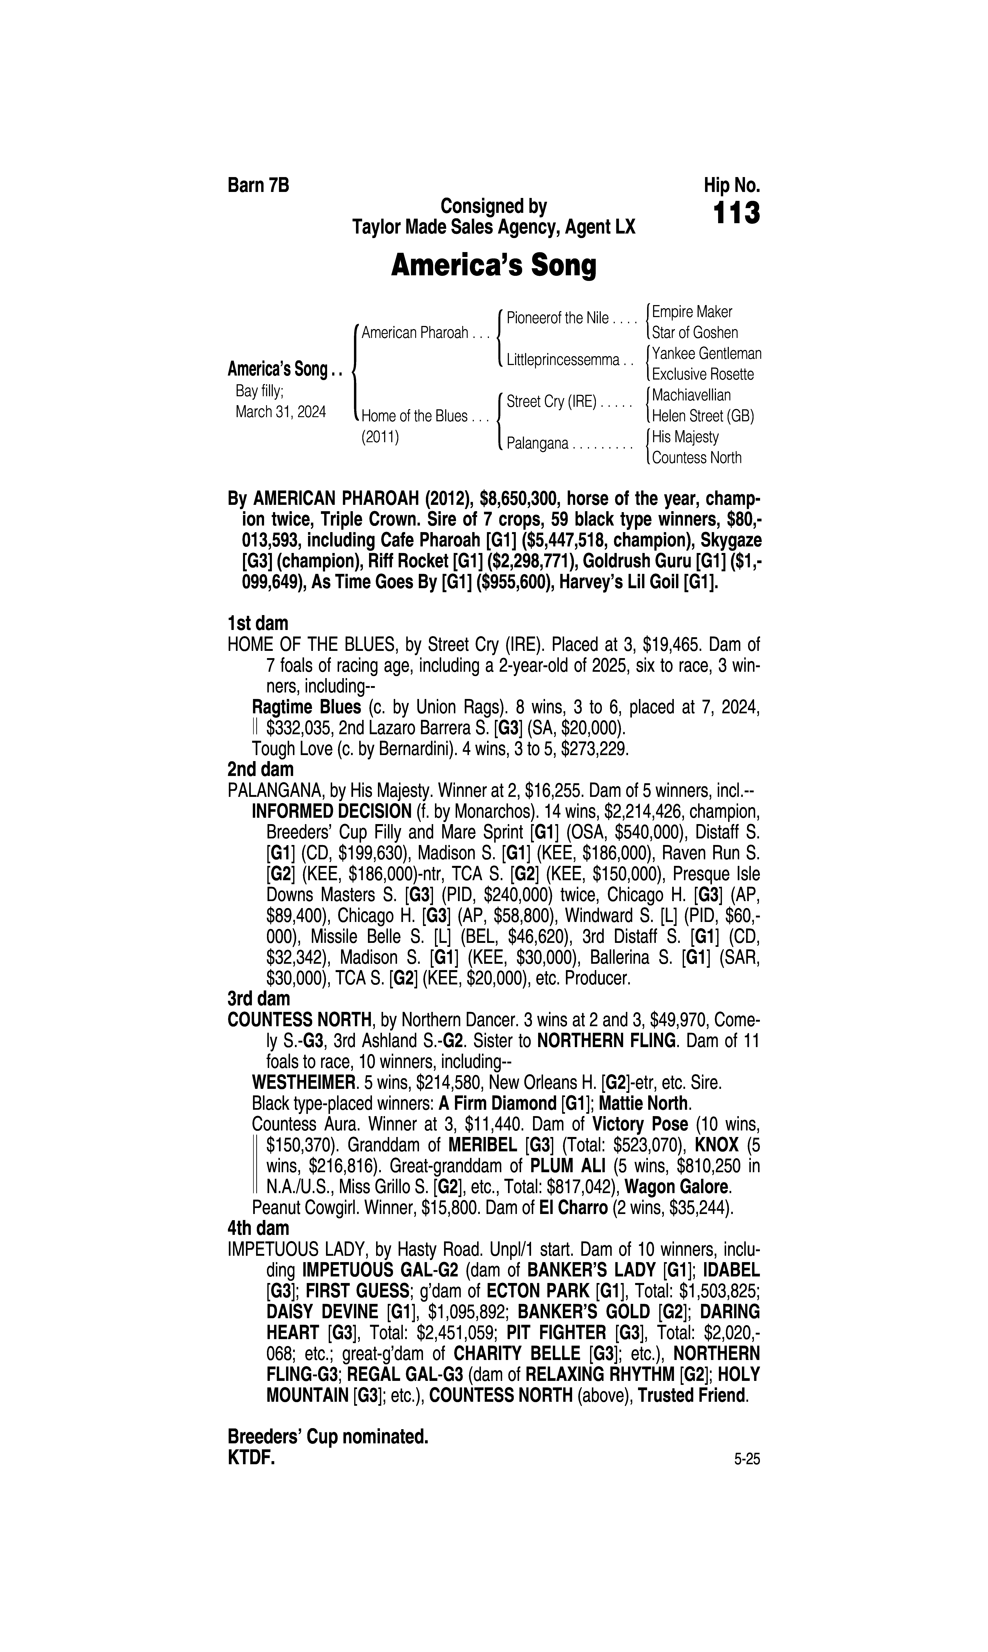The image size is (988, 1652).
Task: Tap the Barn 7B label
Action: coord(258,185)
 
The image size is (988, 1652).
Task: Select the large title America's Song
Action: coord(493,265)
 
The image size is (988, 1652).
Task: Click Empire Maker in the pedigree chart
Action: coord(692,311)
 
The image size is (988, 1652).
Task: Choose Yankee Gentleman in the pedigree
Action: coord(706,353)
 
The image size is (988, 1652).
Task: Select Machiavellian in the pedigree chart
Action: coord(691,395)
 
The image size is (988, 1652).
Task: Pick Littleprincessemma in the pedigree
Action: coord(563,360)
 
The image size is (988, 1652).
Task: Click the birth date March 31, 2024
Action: coord(280,412)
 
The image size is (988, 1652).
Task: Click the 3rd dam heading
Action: coord(259,998)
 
